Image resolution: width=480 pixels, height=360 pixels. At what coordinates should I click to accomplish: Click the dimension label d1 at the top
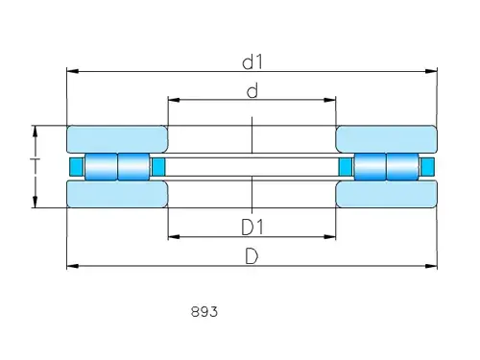point(252,62)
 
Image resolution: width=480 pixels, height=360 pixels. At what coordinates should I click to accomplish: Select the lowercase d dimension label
point(252,91)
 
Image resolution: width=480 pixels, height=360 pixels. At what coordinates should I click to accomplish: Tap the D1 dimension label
point(252,228)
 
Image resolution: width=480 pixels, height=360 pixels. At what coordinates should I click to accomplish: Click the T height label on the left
point(36,166)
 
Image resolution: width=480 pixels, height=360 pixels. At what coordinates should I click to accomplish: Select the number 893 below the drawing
point(204,312)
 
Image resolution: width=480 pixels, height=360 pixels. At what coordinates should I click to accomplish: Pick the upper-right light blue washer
point(386,138)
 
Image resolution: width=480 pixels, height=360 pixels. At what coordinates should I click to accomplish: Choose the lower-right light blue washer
point(386,195)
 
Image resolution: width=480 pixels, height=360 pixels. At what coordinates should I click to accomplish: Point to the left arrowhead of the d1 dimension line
point(70,71)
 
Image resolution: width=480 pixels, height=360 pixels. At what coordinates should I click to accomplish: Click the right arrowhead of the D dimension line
point(433,265)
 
